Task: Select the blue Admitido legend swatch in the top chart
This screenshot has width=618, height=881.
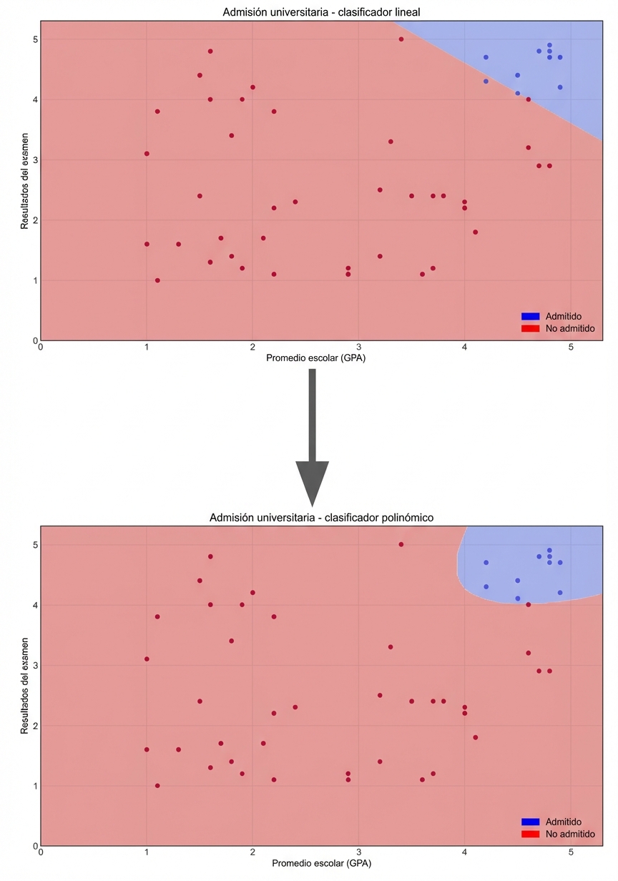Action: pyautogui.click(x=530, y=316)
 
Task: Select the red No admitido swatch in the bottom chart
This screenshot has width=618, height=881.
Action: pyautogui.click(x=530, y=834)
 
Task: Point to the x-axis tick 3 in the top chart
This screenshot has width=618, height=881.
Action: pyautogui.click(x=358, y=348)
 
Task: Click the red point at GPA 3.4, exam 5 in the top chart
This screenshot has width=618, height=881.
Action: pyautogui.click(x=401, y=39)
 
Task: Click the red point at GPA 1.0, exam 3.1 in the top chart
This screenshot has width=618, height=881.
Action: pyautogui.click(x=147, y=154)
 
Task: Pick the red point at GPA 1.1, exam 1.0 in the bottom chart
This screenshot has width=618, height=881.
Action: pyautogui.click(x=157, y=785)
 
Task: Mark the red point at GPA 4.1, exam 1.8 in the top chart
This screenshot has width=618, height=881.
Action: pyautogui.click(x=475, y=232)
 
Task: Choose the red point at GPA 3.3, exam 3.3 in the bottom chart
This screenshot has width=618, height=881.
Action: pyautogui.click(x=391, y=646)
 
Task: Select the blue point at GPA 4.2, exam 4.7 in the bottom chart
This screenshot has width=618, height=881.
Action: pyautogui.click(x=486, y=562)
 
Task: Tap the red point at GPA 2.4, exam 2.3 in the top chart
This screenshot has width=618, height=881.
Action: pyautogui.click(x=295, y=202)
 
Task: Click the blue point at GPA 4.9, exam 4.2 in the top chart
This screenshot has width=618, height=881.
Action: pyautogui.click(x=560, y=87)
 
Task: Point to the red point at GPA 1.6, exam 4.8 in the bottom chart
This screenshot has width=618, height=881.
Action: pyautogui.click(x=210, y=556)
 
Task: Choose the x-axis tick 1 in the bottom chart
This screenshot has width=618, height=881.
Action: pyautogui.click(x=147, y=853)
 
